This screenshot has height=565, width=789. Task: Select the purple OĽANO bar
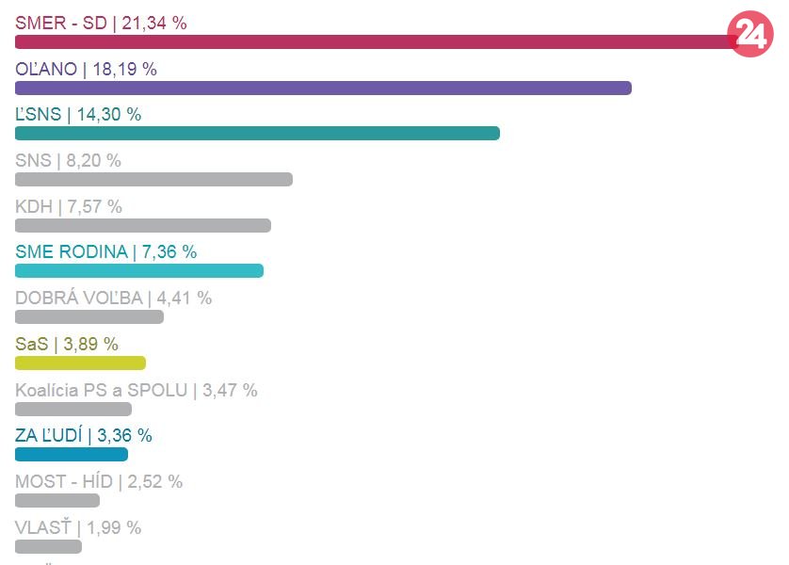tap(323, 88)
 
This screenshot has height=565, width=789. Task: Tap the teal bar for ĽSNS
tap(257, 134)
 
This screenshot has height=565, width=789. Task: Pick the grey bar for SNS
tap(153, 179)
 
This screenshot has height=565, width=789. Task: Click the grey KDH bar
tap(143, 225)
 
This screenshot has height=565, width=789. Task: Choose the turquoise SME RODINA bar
tap(139, 271)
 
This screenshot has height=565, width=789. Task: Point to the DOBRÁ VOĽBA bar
tap(89, 317)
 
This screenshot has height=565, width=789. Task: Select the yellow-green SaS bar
tap(80, 363)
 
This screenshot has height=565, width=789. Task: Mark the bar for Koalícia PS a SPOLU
tap(73, 409)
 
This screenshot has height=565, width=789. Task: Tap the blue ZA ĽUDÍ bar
tap(72, 455)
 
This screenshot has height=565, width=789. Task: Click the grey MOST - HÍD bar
tap(57, 500)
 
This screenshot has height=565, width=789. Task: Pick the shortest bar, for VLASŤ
tap(48, 546)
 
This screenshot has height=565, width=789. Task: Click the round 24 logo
tap(750, 35)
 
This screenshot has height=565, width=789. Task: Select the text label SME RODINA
tap(71, 251)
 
